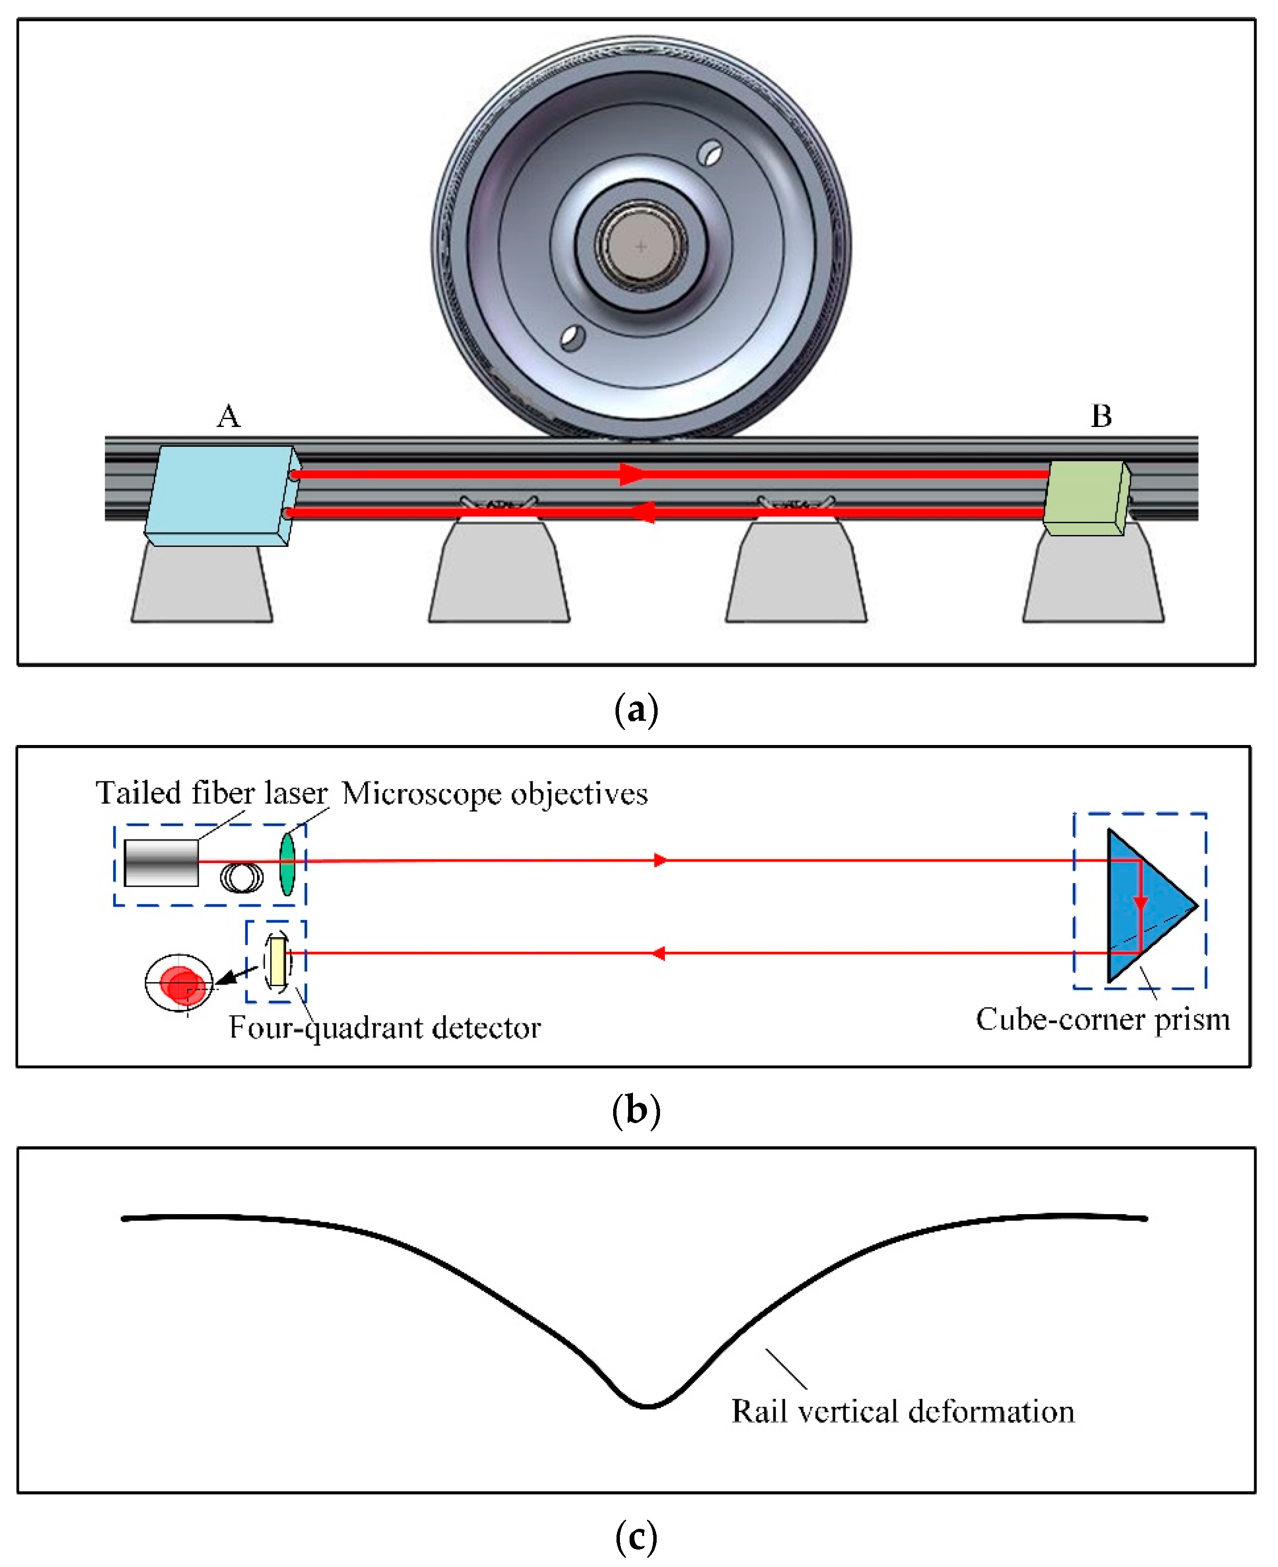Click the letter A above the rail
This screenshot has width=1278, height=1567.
pyautogui.click(x=228, y=417)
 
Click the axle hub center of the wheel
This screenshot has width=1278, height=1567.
pyautogui.click(x=641, y=246)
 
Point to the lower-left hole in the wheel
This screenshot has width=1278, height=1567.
pyautogui.click(x=572, y=338)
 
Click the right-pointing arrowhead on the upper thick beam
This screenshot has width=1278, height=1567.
pyautogui.click(x=631, y=474)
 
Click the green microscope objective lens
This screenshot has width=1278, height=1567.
pyautogui.click(x=287, y=863)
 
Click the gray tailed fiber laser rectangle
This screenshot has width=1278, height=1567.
pyautogui.click(x=161, y=862)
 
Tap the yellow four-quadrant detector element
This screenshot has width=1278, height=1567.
pyautogui.click(x=277, y=961)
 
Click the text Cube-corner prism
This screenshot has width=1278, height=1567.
pyautogui.click(x=1102, y=1020)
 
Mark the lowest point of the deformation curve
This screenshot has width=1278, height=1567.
pyautogui.click(x=647, y=1406)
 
